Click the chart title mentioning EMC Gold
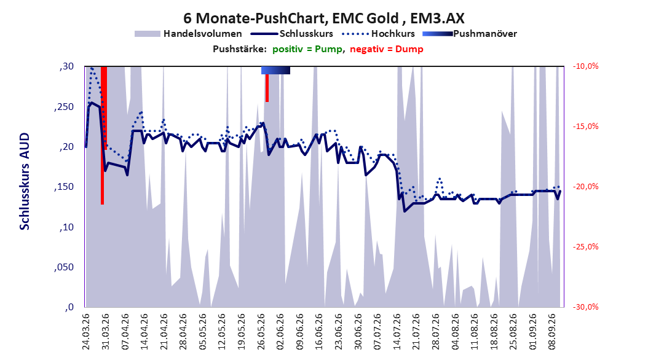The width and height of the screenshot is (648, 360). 323,18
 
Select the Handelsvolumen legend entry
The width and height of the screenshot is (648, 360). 189,34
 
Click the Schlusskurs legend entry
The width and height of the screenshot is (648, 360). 292,34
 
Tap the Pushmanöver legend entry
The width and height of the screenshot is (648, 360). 470,34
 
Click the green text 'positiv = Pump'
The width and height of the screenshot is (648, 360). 307,49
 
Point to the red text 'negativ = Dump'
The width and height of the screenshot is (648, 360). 387,49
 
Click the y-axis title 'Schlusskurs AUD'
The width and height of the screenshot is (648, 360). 25,181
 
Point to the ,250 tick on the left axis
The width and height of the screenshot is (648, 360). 64,106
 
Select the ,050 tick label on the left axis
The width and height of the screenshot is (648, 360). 64,267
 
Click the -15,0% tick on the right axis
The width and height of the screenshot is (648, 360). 585,127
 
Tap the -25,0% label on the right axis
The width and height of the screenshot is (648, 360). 585,247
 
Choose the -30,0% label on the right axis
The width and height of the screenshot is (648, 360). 585,307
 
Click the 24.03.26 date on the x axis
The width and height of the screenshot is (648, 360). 86,332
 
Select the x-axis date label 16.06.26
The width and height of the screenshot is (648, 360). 319,332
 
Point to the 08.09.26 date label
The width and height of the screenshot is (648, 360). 552,332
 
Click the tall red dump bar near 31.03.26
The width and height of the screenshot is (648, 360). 103,135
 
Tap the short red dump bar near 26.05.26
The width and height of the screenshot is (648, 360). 267,88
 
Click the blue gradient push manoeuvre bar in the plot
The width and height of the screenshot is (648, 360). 275,70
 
